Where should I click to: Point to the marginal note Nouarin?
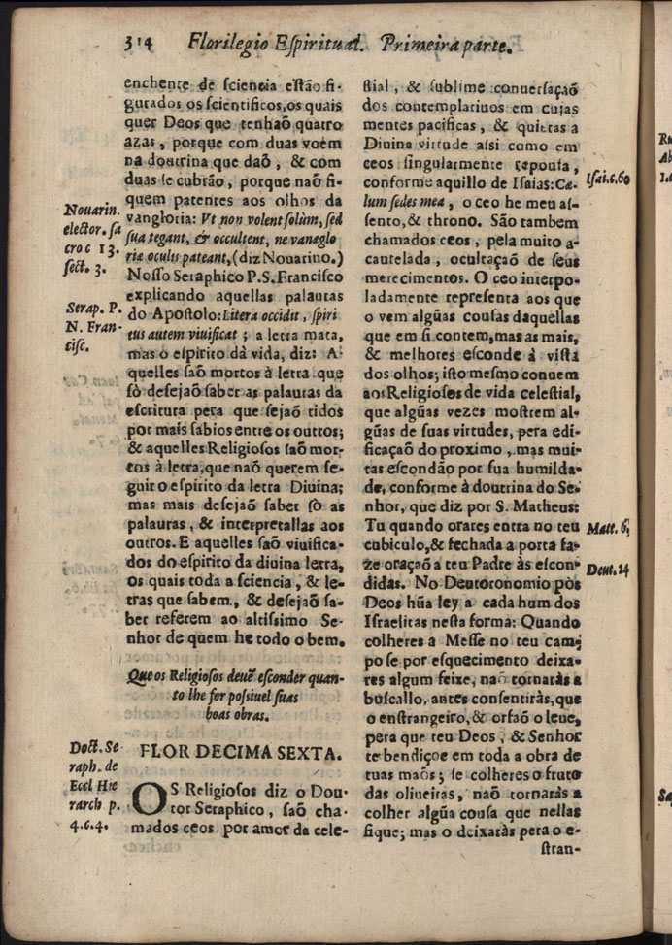coord(91,211)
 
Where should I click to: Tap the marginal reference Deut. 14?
coord(609,569)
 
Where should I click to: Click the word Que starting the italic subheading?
coord(143,678)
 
